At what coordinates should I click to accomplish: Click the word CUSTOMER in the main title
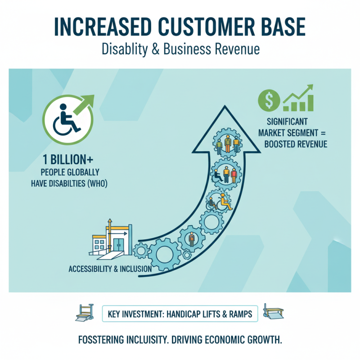click(x=180, y=27)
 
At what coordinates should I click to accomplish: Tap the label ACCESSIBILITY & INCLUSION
click(x=110, y=269)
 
